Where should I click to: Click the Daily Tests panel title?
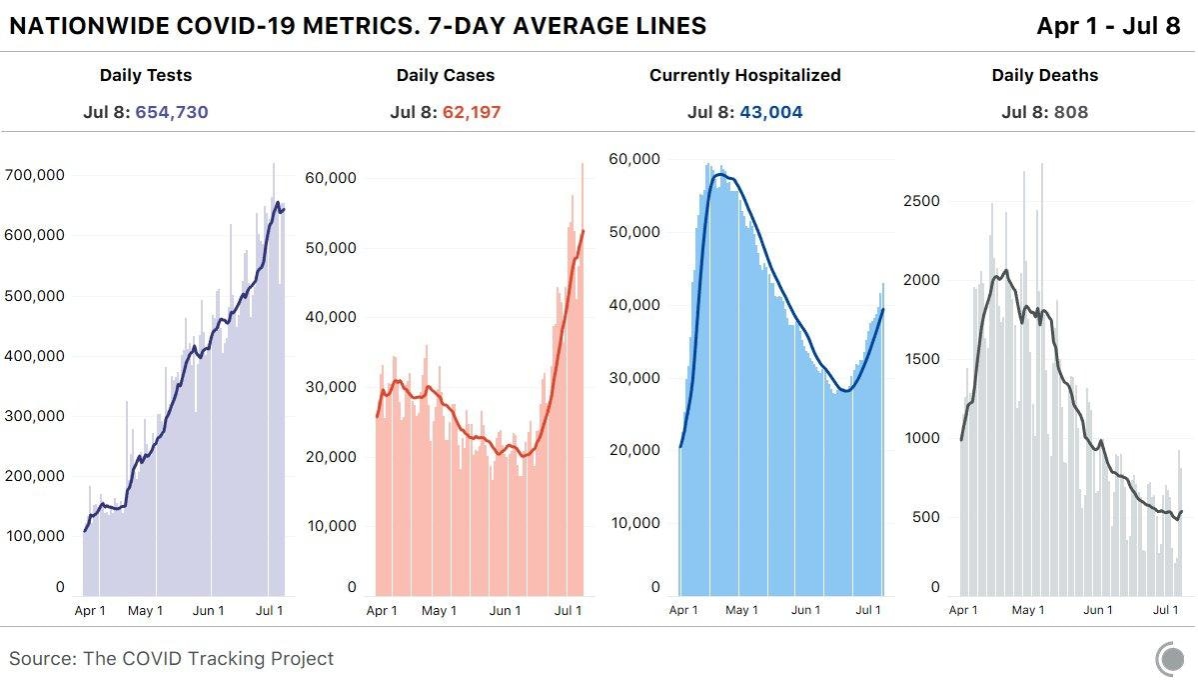146,75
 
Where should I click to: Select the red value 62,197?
469,112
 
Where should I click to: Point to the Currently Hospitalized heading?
744,75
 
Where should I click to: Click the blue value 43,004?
770,112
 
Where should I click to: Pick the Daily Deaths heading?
1044,75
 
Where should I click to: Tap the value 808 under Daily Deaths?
1070,112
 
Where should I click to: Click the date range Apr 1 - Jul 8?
1108,26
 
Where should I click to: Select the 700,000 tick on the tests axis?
36,175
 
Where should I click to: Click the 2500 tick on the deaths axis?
920,201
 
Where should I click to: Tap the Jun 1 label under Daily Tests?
208,610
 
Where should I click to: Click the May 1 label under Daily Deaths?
1028,610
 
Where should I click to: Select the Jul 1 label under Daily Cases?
569,610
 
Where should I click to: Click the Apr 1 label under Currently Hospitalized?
684,610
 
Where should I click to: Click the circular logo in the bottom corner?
1169,659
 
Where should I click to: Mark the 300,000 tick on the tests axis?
36,416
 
